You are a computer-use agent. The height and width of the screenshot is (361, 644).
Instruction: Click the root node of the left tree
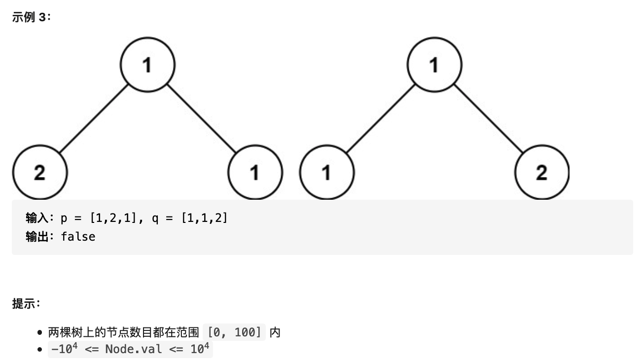(x=147, y=65)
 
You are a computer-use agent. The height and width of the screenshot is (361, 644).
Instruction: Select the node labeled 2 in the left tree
(x=40, y=172)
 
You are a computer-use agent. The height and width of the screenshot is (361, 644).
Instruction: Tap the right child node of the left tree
(x=255, y=172)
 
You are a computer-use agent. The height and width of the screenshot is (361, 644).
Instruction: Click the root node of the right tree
(x=434, y=65)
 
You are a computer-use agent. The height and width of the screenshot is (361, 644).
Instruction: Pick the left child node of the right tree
(x=326, y=172)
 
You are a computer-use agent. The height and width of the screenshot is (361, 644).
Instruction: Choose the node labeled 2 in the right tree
(x=541, y=172)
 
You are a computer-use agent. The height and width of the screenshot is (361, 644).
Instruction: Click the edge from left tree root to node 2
(x=94, y=118)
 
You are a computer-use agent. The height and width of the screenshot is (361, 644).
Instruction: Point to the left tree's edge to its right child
(x=201, y=118)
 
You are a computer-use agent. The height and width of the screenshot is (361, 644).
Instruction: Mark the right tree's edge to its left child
(x=380, y=118)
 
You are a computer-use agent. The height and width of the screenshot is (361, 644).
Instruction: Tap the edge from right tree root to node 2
(x=488, y=118)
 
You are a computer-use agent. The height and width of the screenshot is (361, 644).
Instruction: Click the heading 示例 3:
(x=32, y=17)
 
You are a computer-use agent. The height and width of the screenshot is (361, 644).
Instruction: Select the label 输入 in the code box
(x=37, y=218)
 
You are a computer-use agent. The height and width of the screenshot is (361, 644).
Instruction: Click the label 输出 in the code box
(x=37, y=237)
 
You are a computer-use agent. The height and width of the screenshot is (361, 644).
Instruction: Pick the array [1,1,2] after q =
(x=205, y=218)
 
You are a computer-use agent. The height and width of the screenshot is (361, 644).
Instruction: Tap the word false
(x=78, y=237)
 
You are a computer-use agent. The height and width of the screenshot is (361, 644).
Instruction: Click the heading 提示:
(x=26, y=303)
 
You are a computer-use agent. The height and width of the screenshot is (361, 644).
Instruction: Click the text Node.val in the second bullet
(x=134, y=349)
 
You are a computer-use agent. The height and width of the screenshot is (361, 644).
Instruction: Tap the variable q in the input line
(x=155, y=218)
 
